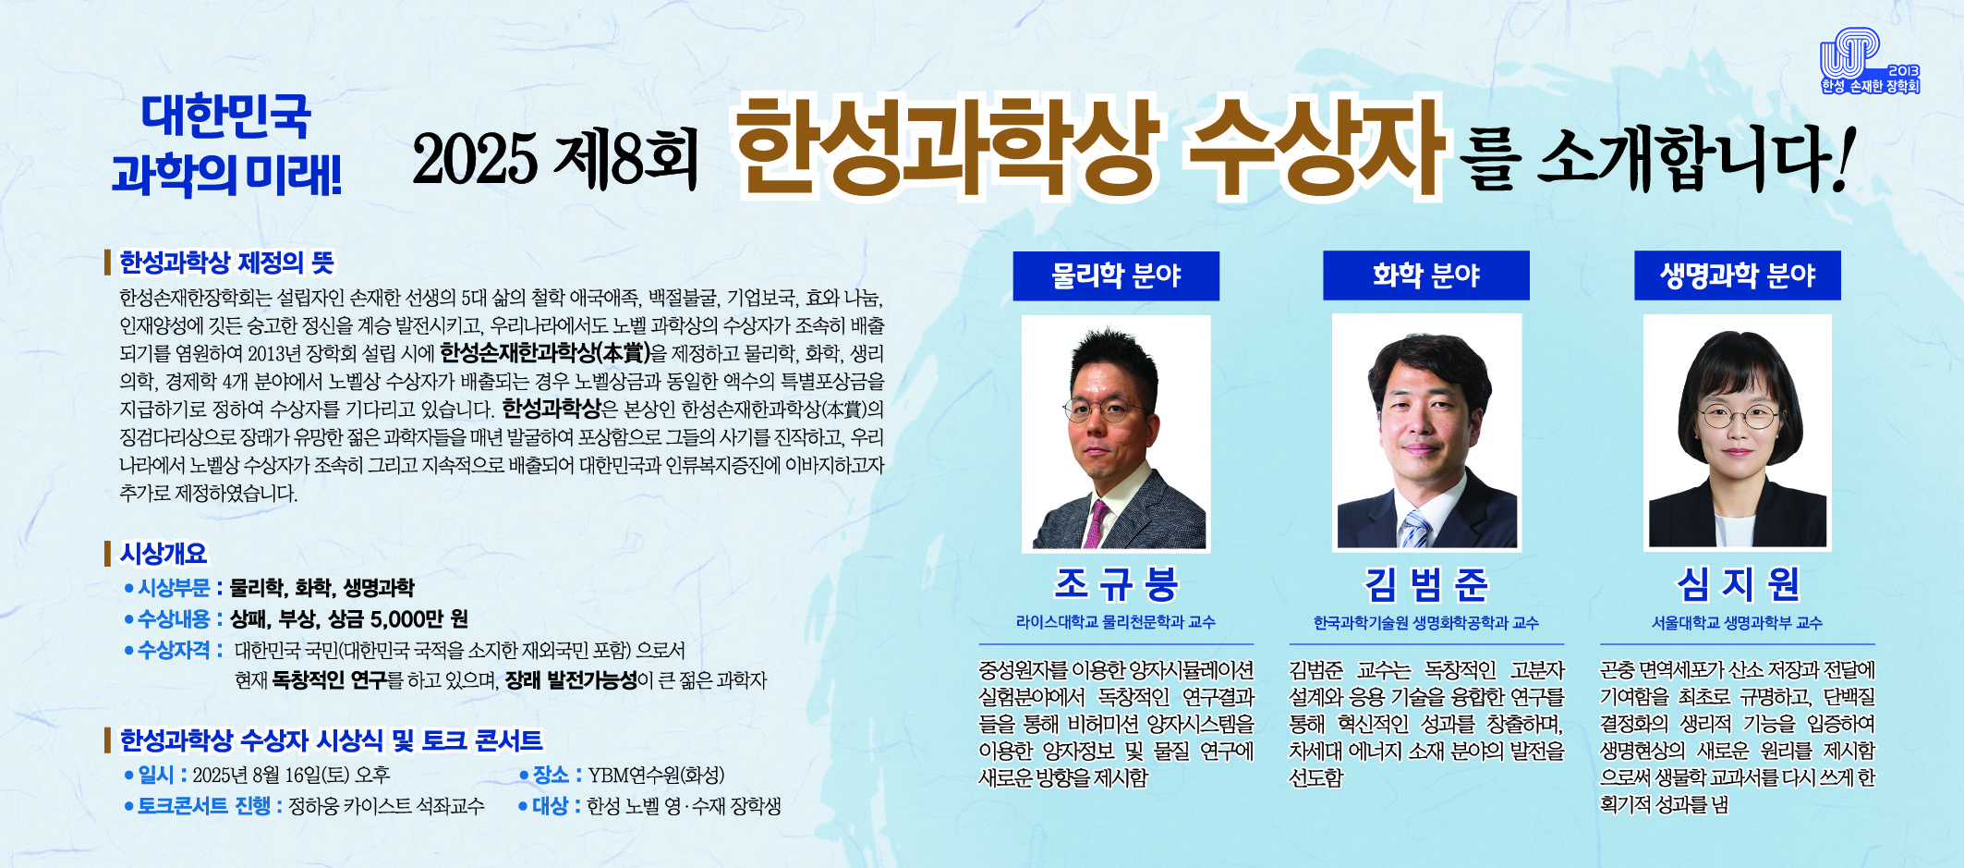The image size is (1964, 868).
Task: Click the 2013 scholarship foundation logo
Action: point(1870,62)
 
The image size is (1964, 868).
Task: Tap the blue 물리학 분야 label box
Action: point(1116,275)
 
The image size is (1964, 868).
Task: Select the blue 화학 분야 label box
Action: point(1426,275)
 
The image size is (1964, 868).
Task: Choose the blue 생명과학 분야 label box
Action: point(1738,275)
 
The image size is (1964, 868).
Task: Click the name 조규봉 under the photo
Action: point(1116,583)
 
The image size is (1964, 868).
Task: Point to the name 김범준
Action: point(1426,583)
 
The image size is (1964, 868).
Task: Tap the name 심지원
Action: point(1738,583)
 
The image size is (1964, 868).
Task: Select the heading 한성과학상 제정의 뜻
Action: point(226,263)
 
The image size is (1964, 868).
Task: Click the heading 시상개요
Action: point(164,554)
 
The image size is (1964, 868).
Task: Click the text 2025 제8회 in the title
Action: point(555,157)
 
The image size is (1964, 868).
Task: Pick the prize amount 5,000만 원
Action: point(419,618)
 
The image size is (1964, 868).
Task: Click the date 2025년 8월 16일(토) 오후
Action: point(291,775)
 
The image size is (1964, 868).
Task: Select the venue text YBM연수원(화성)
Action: point(656,775)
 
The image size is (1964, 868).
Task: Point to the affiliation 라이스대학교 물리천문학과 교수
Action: point(1116,622)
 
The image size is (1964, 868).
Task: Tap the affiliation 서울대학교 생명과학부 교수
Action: point(1738,623)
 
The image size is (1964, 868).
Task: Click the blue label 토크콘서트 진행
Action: point(204,806)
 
